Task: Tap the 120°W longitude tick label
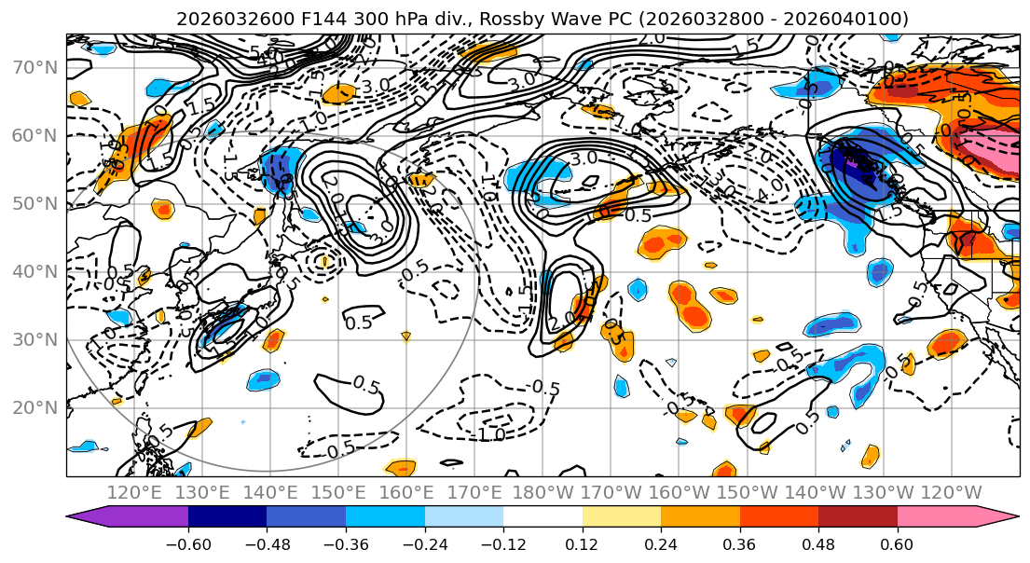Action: point(951,491)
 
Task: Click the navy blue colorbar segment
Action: point(227,518)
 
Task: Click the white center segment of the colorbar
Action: point(542,518)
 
